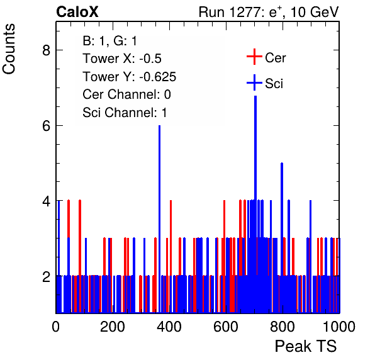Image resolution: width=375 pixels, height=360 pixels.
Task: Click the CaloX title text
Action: click(77, 12)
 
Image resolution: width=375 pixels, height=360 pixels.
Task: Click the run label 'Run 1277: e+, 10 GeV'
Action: click(269, 12)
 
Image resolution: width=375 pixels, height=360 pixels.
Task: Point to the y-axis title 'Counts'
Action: click(9, 49)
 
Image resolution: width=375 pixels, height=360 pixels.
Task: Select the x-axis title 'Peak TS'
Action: click(306, 346)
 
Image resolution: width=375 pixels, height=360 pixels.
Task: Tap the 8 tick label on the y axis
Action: click(47, 50)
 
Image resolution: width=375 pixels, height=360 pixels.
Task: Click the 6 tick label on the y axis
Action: click(47, 125)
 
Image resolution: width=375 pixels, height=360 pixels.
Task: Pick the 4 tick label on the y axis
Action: click(47, 201)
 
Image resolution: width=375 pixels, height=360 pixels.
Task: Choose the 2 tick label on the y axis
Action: click(47, 276)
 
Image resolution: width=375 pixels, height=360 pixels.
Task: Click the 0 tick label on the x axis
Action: click(56, 327)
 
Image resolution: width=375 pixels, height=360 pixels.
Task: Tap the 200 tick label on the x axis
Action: click(113, 327)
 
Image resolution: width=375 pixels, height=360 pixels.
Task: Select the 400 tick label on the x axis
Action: click(169, 327)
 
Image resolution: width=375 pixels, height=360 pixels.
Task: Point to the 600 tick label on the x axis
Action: click(226, 327)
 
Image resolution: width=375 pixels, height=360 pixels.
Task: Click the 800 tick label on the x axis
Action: click(283, 327)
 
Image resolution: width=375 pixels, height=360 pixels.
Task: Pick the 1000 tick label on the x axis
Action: click(339, 327)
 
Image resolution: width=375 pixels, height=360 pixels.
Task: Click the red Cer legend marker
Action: click(254, 57)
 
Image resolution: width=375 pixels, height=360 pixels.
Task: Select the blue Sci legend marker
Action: click(254, 82)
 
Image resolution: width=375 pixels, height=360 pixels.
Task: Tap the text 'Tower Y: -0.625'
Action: click(129, 77)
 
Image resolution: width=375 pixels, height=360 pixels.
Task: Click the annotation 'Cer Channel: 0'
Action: click(126, 94)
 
